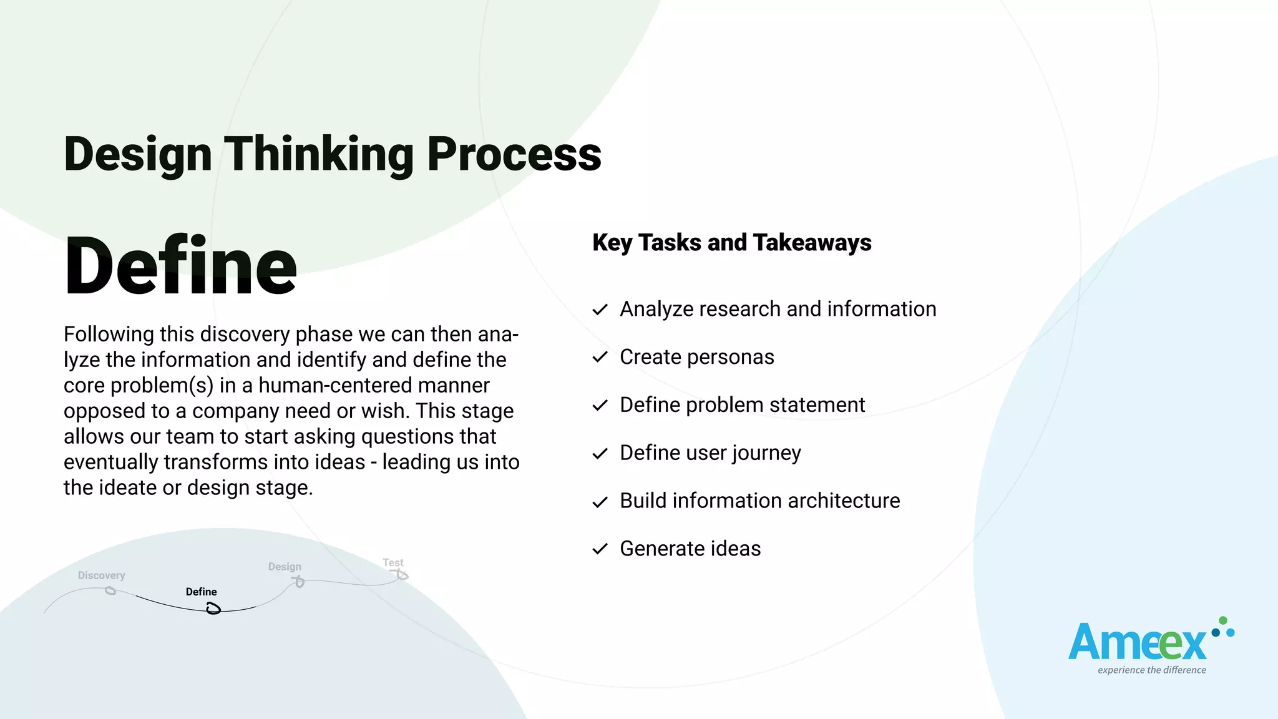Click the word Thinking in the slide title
(x=318, y=154)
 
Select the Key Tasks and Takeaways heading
(x=731, y=243)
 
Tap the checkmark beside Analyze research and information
(x=600, y=310)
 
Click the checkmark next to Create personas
(x=600, y=357)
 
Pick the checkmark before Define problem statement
(x=600, y=406)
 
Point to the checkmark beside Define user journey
(x=600, y=454)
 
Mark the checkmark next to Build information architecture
(x=600, y=502)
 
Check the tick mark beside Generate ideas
(x=600, y=549)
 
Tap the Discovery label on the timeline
(x=101, y=575)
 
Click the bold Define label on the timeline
(x=201, y=592)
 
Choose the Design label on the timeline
(x=285, y=567)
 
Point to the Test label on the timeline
(x=393, y=563)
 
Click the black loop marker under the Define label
(x=213, y=609)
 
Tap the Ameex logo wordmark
(x=1137, y=643)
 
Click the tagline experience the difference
(x=1151, y=670)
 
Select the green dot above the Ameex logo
(x=1223, y=620)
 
